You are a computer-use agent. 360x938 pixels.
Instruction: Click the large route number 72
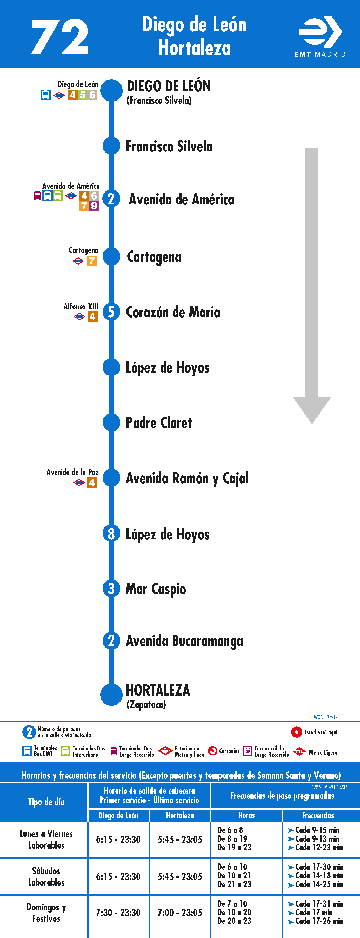(x=60, y=37)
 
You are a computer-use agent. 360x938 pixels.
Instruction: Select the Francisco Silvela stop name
(x=169, y=146)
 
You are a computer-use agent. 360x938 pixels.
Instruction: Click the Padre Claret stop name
(x=159, y=423)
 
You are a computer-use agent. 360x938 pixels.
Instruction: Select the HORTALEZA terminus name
(x=158, y=690)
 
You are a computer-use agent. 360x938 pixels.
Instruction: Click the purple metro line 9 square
(x=94, y=206)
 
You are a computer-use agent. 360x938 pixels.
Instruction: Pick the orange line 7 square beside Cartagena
(x=92, y=261)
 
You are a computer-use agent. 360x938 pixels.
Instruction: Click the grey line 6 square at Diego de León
(x=92, y=95)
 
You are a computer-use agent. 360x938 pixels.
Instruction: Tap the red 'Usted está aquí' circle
(x=296, y=732)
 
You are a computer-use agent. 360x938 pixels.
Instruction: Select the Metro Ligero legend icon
(x=299, y=751)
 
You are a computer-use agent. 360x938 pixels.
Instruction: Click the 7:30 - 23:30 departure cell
(x=118, y=913)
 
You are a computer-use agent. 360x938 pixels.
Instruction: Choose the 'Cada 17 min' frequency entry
(x=314, y=913)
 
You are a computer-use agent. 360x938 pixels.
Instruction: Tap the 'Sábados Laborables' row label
(x=46, y=876)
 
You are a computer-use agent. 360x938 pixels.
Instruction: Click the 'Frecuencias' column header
(x=318, y=815)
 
